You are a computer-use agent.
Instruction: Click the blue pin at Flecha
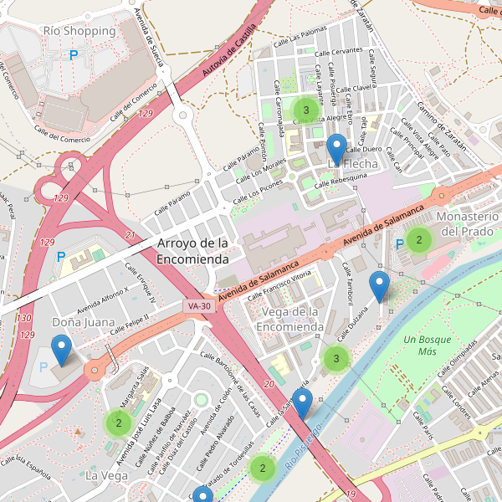(337, 149)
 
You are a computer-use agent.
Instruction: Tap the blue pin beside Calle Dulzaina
(380, 287)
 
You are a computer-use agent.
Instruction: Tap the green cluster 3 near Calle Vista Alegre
(306, 110)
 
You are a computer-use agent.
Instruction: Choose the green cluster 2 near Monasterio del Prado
(418, 240)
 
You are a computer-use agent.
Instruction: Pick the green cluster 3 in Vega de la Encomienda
(336, 359)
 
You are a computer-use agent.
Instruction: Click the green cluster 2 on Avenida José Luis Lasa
(119, 423)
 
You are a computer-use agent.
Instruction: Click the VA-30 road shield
(199, 307)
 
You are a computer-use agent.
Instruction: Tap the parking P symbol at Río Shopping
(74, 55)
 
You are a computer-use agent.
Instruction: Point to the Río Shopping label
(79, 31)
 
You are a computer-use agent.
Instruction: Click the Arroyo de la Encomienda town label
(192, 252)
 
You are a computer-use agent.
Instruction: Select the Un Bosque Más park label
(427, 346)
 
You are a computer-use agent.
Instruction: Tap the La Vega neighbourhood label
(106, 475)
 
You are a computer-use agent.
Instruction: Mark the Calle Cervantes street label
(340, 51)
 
